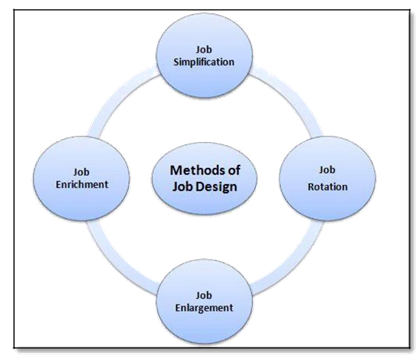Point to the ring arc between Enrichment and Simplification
click(x=119, y=93)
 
